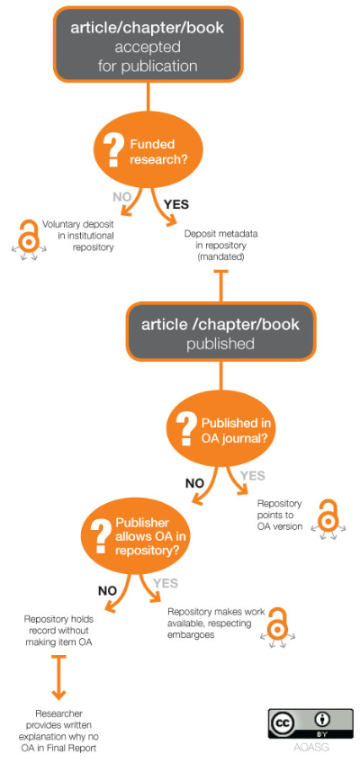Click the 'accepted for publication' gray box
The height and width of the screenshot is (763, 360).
pos(148,44)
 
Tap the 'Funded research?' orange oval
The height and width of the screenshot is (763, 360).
pos(147,151)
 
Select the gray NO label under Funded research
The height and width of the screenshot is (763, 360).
pos(122,198)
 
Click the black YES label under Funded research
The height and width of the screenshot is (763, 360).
pos(175,204)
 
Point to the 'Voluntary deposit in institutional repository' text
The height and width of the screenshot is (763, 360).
pos(77,236)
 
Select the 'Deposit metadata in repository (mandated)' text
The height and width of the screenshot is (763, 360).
pos(220,246)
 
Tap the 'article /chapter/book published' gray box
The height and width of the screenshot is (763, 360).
pos(220,331)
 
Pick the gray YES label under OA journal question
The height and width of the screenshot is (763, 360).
pos(253,475)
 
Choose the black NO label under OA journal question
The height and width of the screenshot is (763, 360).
pos(195,484)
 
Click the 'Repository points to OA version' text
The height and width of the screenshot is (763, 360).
pos(280,515)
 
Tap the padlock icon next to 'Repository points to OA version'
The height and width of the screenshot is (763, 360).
pos(328,519)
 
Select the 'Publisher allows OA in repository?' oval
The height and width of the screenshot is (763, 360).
pos(136,537)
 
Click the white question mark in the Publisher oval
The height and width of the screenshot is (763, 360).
pos(101,534)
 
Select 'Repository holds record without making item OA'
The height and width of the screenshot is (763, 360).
pos(58,631)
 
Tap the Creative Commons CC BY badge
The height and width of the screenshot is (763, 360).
pos(310,723)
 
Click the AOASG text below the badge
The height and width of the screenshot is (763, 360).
pos(311,747)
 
